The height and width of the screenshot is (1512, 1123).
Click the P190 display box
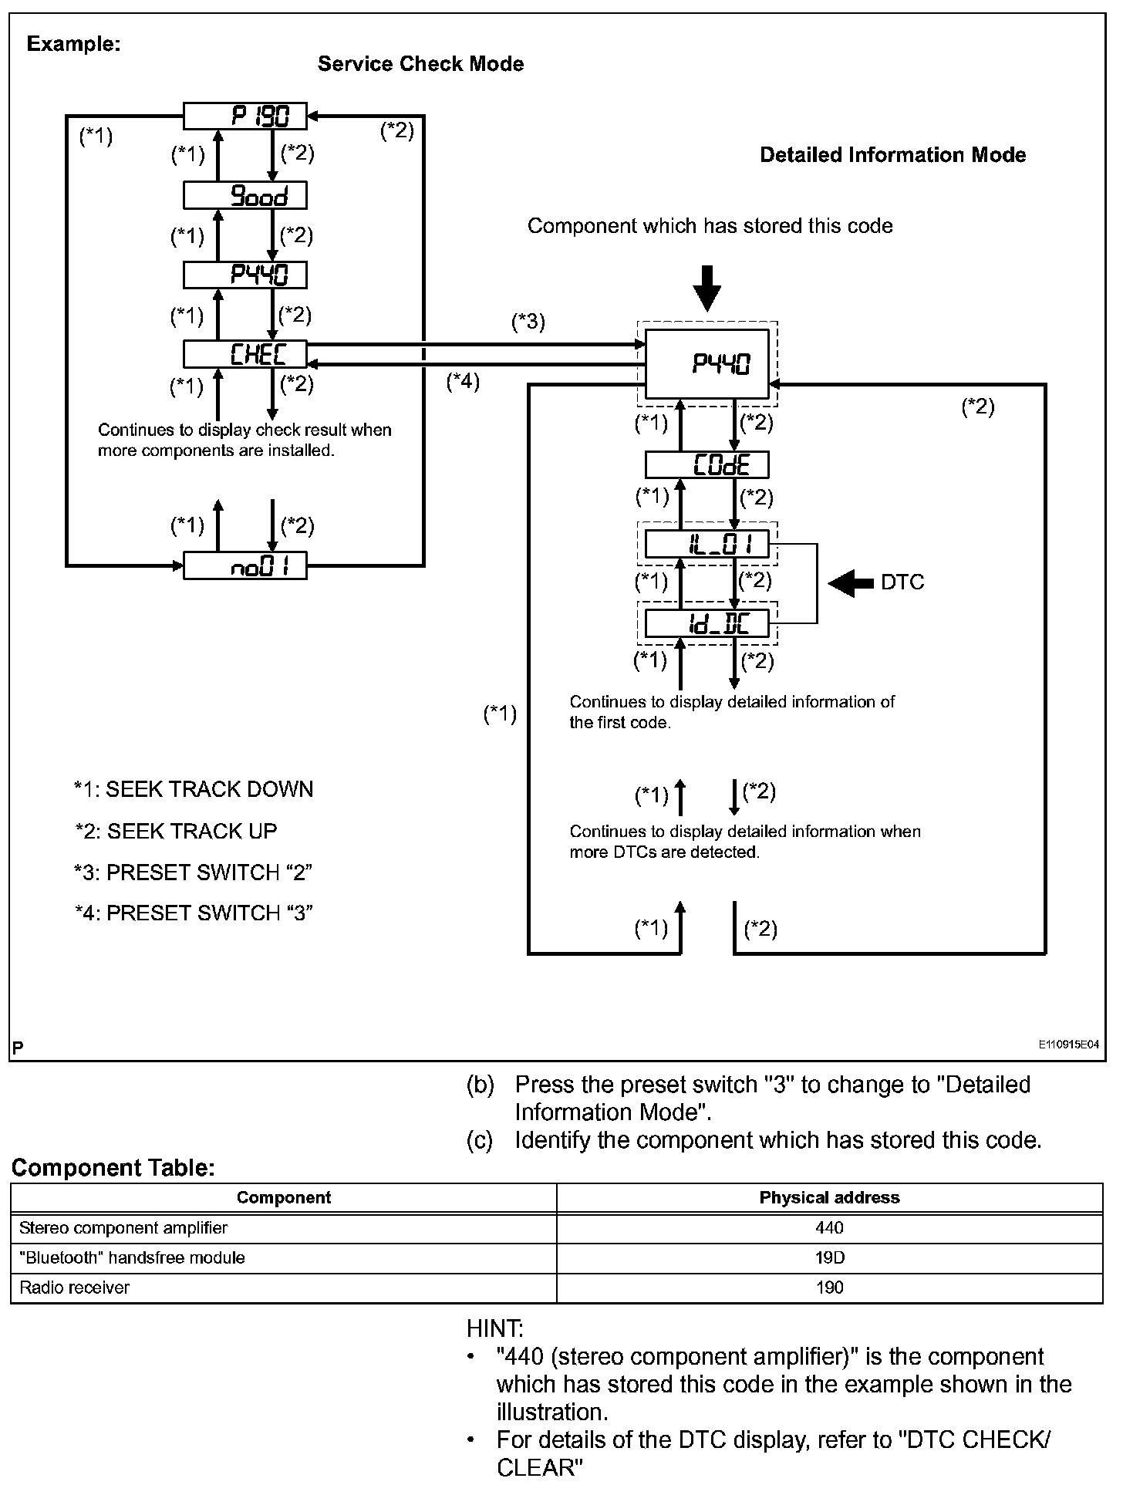pos(244,116)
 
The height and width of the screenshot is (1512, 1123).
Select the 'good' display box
pos(244,196)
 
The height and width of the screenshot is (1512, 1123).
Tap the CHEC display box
pos(244,354)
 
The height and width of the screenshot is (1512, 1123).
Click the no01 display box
pos(244,567)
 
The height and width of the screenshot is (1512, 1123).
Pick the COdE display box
pos(707,465)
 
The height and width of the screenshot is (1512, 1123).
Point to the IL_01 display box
pos(707,545)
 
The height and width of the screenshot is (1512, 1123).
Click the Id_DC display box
pos(707,623)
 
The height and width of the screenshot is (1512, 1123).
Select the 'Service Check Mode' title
pos(420,64)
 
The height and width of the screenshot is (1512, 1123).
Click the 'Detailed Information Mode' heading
pos(892,155)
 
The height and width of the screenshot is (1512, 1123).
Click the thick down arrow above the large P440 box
pos(707,287)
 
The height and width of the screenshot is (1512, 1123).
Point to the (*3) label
pos(528,322)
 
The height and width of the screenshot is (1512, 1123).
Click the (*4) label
pos(463,381)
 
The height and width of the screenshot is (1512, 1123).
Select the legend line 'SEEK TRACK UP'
pos(176,832)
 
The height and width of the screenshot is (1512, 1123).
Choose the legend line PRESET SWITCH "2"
pos(193,872)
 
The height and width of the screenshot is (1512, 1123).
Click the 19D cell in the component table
pos(829,1258)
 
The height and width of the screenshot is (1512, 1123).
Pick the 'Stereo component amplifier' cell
pos(123,1228)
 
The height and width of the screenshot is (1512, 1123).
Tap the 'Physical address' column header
pos(829,1198)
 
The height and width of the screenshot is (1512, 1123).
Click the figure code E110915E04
pos(1068,1045)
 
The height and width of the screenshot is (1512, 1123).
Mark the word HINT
pos(494,1329)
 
